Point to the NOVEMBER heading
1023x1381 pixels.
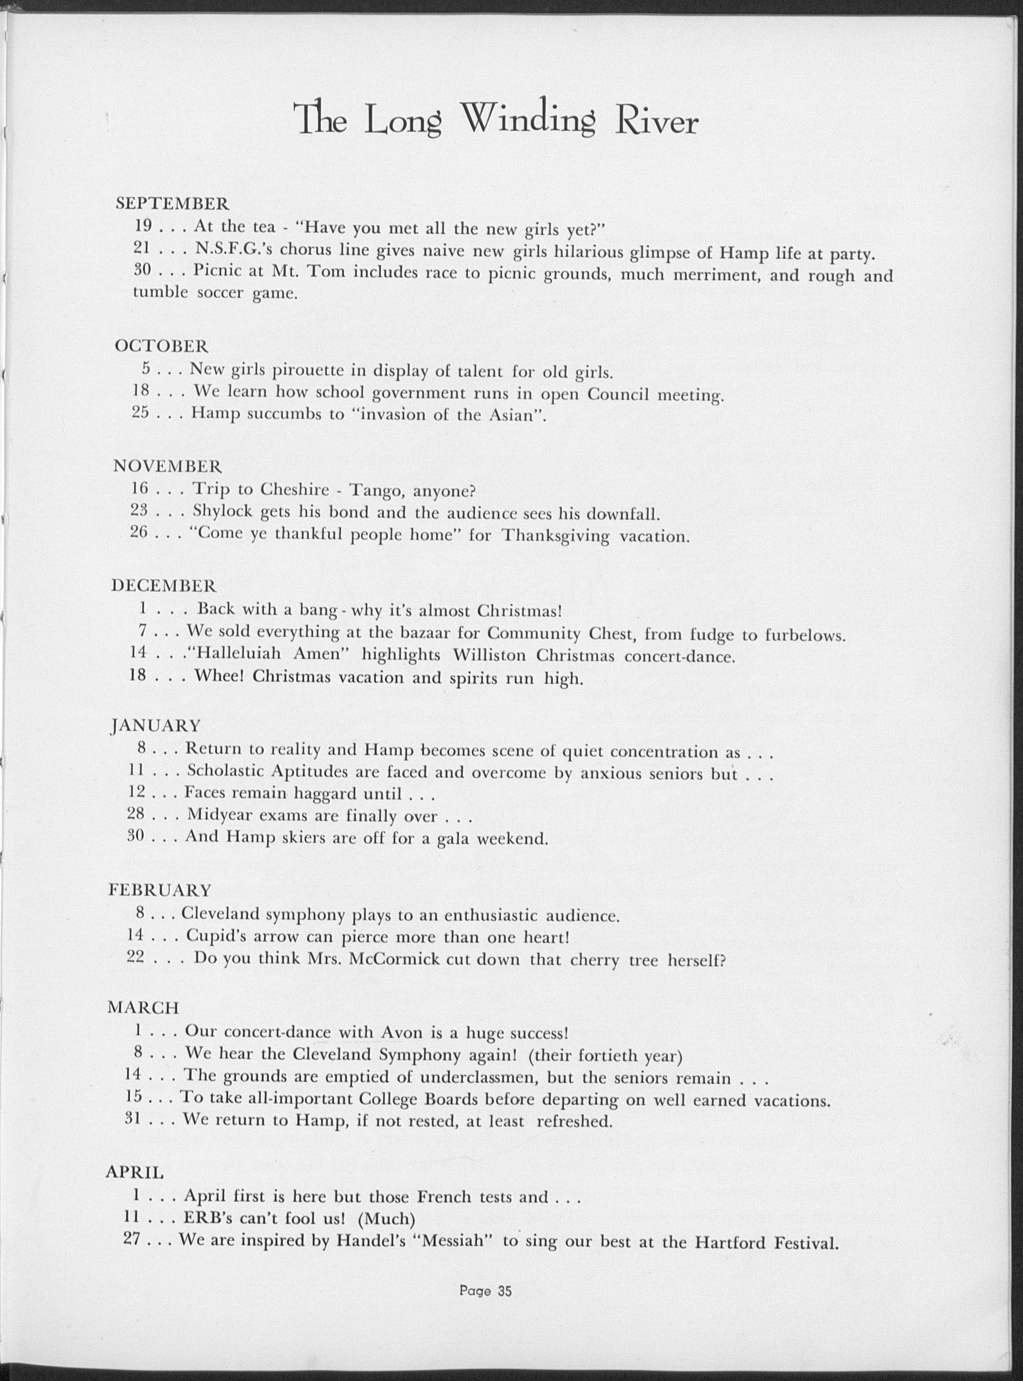[x=167, y=465]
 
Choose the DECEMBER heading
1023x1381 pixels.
[x=164, y=585]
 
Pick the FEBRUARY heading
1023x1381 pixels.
[x=160, y=890]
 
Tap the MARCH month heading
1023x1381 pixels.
[x=144, y=1008]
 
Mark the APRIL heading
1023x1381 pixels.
[x=135, y=1172]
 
